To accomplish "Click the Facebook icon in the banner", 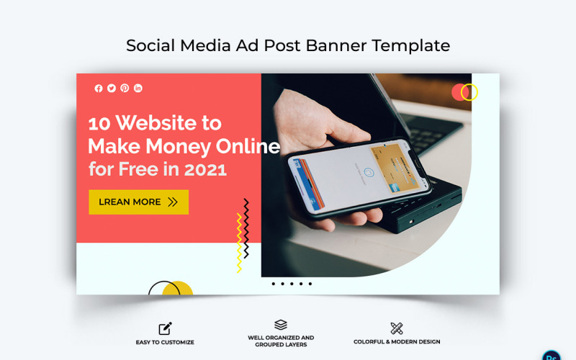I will [x=99, y=89].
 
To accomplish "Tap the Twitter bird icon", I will [x=112, y=89].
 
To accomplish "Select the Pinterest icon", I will [x=125, y=89].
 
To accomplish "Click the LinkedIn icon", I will [x=138, y=89].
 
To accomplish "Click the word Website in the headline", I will [x=158, y=123].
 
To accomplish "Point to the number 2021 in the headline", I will [x=204, y=170].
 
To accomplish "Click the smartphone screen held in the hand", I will [x=360, y=174].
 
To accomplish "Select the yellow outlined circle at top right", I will [x=469, y=92].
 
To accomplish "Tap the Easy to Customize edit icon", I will [x=165, y=328].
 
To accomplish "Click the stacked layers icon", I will [x=281, y=325].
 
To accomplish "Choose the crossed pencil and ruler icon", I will [x=397, y=328].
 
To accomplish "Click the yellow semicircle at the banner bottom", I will [x=177, y=289].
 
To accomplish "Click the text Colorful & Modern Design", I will [x=397, y=342].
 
